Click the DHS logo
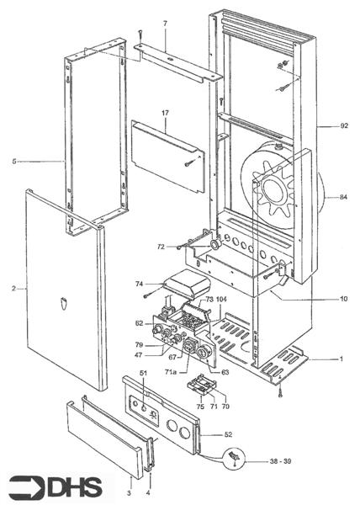pos(56,487)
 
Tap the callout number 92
pos(344,126)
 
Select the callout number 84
pos(343,197)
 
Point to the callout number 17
pos(165,113)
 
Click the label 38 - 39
pos(280,461)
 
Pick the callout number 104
pos(222,299)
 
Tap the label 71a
pos(171,372)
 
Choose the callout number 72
pos(161,247)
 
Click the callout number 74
pos(140,284)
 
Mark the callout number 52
pos(228,434)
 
